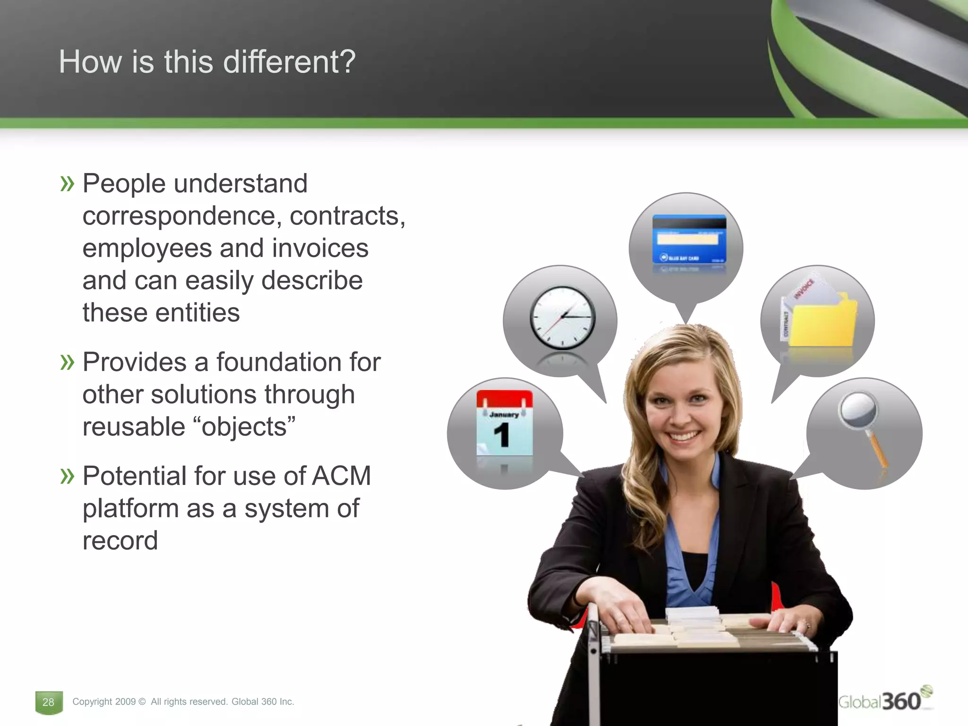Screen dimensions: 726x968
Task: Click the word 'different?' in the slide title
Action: pos(289,62)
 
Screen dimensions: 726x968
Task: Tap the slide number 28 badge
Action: pos(48,702)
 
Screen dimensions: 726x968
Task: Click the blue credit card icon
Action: pos(689,240)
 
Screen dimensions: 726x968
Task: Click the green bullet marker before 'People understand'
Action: pos(68,184)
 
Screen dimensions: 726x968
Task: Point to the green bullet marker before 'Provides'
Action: pos(68,363)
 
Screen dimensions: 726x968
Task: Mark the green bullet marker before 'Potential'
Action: pos(68,476)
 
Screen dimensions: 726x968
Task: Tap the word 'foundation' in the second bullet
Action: pos(279,363)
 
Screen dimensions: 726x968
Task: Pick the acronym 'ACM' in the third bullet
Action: pos(341,476)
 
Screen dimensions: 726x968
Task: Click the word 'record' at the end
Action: pos(120,541)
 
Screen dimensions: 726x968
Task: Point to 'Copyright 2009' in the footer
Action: pos(104,702)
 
